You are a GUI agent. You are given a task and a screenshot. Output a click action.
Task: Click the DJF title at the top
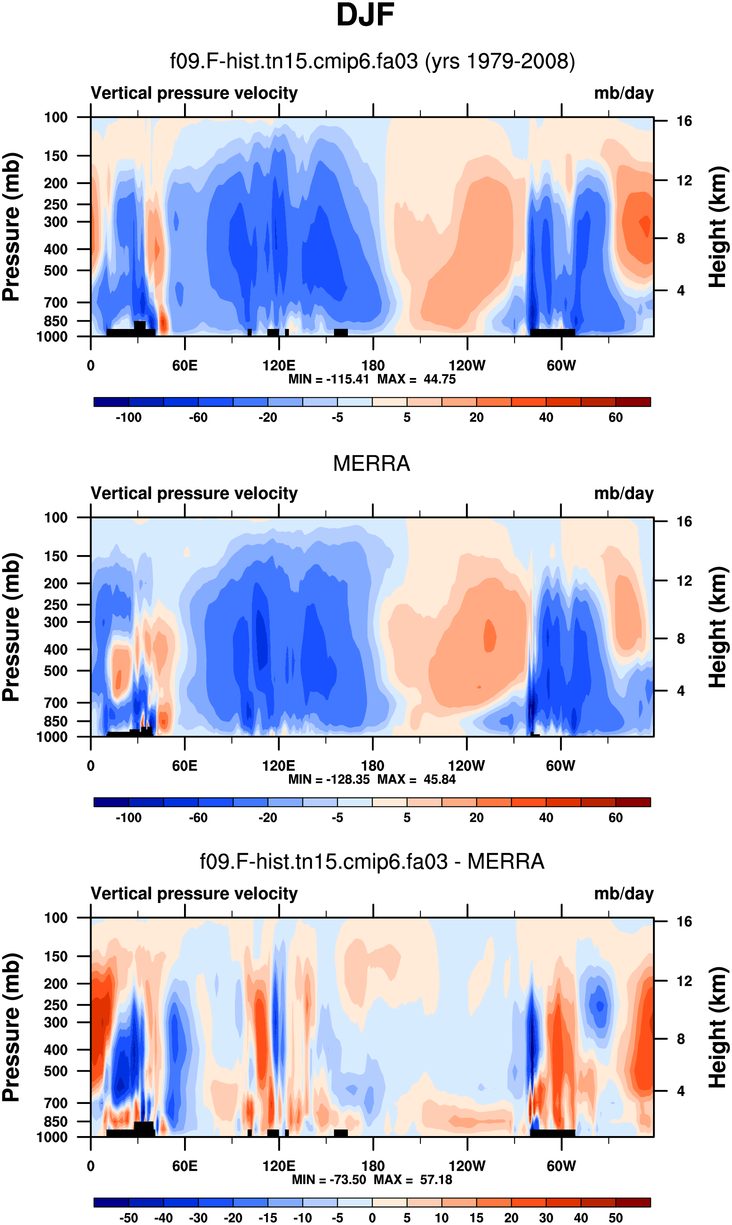[365, 15]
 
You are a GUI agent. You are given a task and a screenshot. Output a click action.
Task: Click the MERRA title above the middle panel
[371, 464]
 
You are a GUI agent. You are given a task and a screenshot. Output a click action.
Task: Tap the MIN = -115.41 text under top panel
[329, 379]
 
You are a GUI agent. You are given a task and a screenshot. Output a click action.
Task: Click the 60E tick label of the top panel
[185, 366]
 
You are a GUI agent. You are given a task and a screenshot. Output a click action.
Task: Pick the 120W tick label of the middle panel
[466, 766]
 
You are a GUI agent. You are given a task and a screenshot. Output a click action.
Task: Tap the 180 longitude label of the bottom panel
[373, 1166]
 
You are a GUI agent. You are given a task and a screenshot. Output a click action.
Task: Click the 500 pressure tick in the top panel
[56, 271]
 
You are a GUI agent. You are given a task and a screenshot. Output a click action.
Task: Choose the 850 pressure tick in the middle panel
[56, 721]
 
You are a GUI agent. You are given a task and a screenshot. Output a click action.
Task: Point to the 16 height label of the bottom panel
[684, 922]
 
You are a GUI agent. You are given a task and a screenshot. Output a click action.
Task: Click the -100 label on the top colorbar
[128, 418]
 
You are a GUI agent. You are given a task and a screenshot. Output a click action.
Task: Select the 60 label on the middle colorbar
[615, 818]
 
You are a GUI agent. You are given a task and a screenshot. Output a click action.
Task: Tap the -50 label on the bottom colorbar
[128, 1218]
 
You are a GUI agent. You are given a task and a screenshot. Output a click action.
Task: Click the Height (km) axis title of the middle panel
[718, 627]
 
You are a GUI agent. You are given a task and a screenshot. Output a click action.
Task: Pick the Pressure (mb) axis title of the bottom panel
[11, 1028]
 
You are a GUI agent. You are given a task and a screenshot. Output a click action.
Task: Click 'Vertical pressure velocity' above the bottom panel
[194, 894]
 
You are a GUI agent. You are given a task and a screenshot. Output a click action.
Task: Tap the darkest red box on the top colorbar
[633, 401]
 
